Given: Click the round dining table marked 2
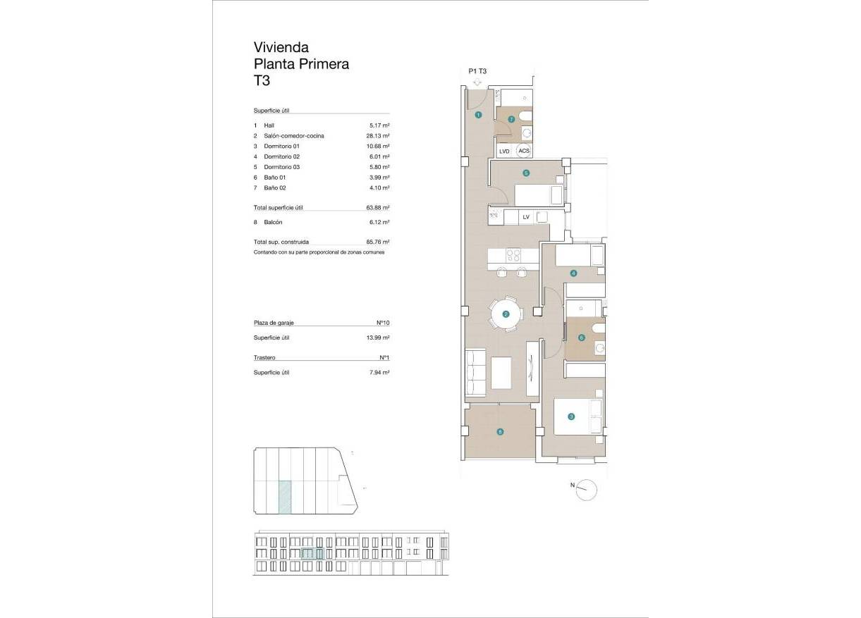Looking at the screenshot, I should click(506, 314).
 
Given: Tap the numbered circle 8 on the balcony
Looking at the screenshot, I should click(500, 433).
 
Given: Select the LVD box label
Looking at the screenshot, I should click(504, 151).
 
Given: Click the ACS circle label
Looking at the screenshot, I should click(523, 151).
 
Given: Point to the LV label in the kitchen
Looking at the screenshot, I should click(525, 218).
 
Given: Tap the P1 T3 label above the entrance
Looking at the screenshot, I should click(477, 71).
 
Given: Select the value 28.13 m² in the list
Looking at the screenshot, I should click(379, 135).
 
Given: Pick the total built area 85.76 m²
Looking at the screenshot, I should click(379, 242).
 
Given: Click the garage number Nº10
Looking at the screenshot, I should click(383, 323).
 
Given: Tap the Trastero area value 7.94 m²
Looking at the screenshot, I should click(379, 372).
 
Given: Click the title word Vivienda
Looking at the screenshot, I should click(281, 47).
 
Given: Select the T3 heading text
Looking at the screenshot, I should click(262, 80).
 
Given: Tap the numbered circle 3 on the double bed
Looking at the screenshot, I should click(571, 416).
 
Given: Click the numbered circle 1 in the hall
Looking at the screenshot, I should click(478, 114).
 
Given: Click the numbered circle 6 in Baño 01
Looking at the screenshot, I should click(581, 338).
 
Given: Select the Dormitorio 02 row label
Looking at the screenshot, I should click(282, 156).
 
